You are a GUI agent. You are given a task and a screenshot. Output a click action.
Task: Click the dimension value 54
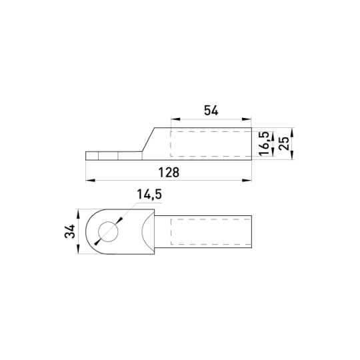tap(211, 111)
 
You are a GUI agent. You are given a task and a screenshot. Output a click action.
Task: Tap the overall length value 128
tap(169, 173)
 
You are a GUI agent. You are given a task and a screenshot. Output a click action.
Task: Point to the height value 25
tap(284, 143)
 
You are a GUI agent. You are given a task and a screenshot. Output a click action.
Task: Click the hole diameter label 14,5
tap(149, 195)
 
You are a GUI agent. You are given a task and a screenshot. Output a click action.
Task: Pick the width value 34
tap(70, 231)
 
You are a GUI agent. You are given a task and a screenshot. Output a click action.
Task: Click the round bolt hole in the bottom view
tap(108, 231)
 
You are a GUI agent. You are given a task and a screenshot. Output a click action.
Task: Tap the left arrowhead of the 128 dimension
tap(91, 181)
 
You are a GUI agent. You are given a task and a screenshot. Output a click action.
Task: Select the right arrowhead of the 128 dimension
tap(247, 181)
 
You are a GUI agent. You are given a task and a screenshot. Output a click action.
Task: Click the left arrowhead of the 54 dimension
tap(175, 119)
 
